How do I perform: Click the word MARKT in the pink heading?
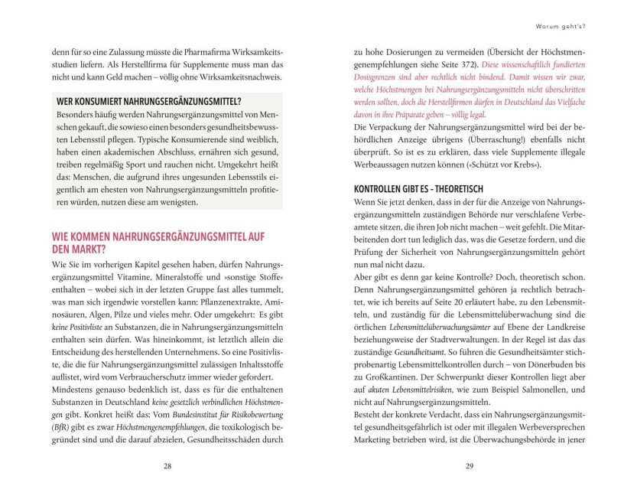point(76,248)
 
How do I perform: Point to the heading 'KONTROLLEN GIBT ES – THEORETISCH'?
point(418,188)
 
